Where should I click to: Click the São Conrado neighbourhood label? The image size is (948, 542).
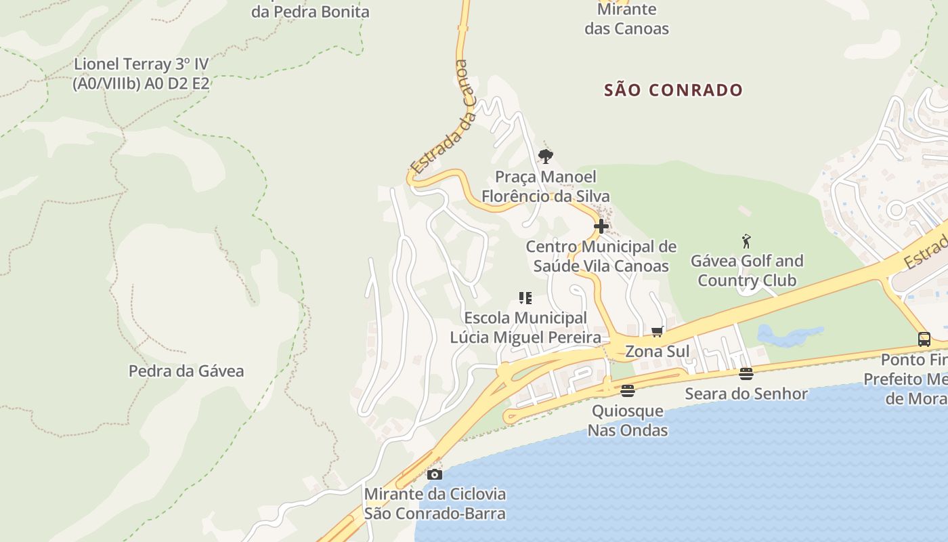coord(674,90)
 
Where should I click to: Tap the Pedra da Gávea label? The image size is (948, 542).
coord(186,371)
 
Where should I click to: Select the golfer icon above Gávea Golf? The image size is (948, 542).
coord(746,241)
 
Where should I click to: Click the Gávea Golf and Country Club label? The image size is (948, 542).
coord(747,270)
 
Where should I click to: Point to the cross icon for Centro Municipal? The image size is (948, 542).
coord(601,226)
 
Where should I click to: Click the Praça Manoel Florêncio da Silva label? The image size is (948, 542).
coord(545,186)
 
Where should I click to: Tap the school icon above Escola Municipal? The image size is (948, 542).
coord(525,298)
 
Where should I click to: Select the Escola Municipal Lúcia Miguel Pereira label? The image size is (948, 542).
coord(525,327)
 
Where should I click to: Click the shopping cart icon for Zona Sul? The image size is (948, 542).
coord(657,332)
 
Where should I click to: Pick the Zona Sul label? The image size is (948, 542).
coord(657,352)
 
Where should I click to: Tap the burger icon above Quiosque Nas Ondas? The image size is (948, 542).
coord(628,391)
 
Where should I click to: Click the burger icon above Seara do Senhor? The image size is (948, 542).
coord(746,374)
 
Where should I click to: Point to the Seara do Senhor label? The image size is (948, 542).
coord(746,394)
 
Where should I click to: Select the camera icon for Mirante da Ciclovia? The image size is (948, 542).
coord(435,474)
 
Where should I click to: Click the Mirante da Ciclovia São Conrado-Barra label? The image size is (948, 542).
coord(435,503)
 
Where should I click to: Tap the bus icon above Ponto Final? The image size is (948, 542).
coord(924,339)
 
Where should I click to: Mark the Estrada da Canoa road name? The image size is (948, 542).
coord(441,117)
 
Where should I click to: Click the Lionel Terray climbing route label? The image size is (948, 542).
coord(141,74)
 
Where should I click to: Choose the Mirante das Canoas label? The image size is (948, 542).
coord(626,19)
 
